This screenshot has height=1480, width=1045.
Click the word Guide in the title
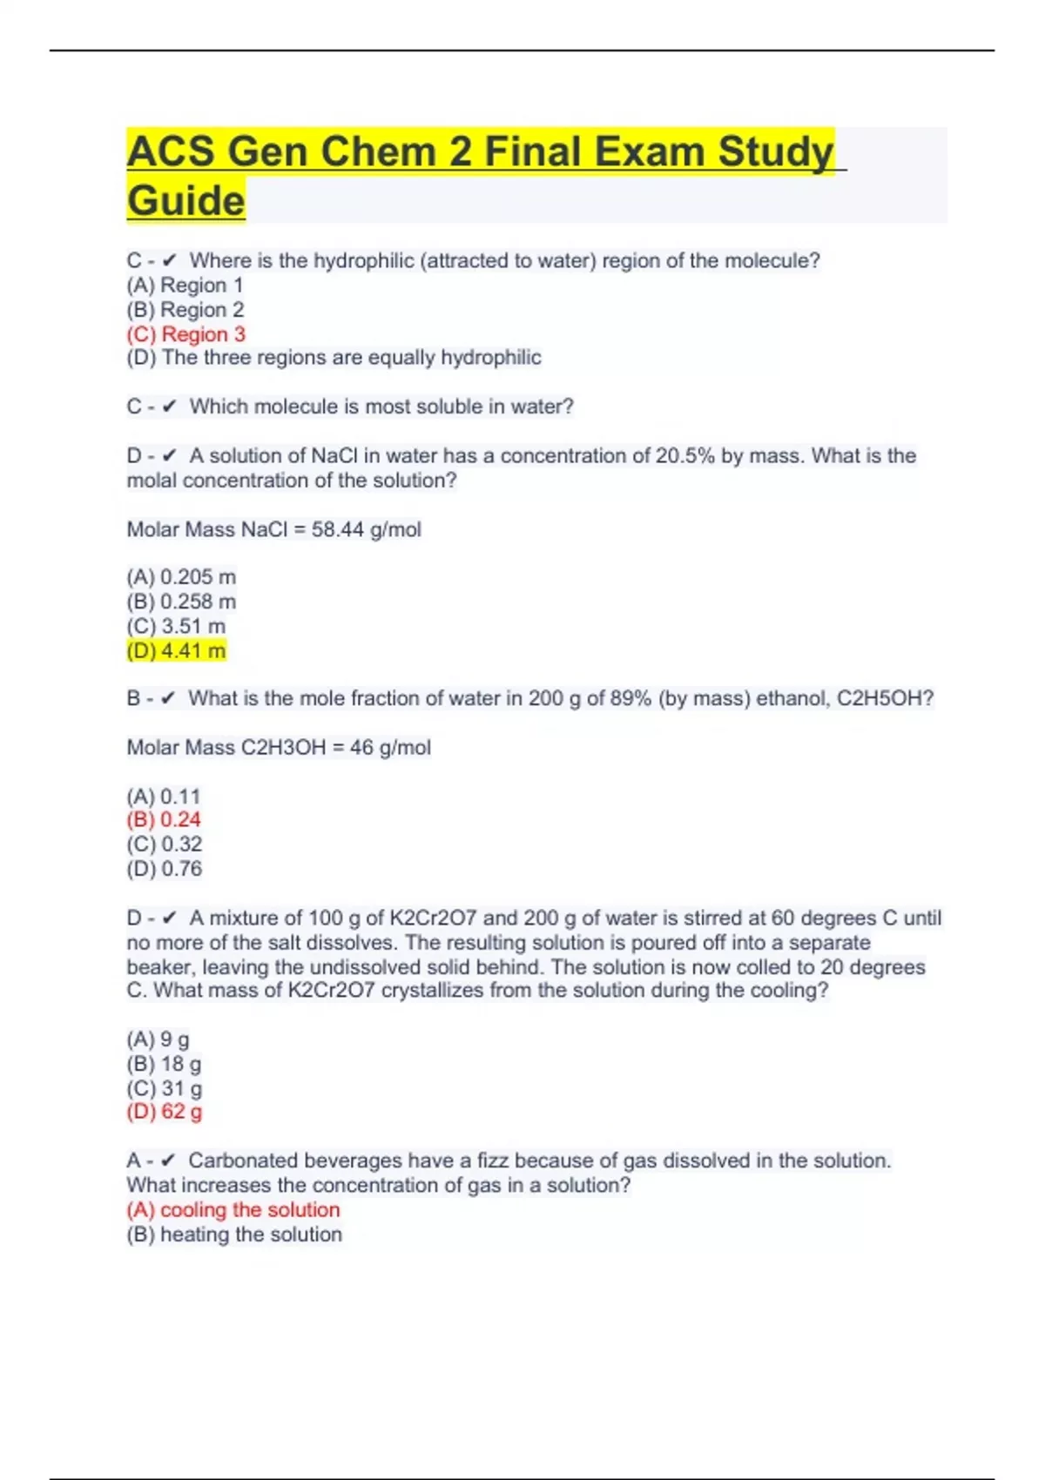(185, 200)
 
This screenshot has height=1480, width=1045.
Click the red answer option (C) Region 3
(185, 334)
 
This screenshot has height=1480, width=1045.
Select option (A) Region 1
(185, 286)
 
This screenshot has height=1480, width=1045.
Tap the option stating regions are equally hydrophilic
(334, 358)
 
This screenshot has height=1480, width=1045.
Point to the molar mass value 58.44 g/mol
(366, 529)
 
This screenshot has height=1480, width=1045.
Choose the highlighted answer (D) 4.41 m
(176, 650)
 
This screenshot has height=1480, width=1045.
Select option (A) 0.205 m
(181, 577)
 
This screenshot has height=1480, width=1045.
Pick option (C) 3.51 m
(176, 626)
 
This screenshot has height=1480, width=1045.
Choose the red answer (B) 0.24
(164, 820)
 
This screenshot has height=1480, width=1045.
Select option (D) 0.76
(165, 869)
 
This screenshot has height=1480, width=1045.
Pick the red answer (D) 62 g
(165, 1112)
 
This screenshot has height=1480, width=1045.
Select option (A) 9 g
(158, 1039)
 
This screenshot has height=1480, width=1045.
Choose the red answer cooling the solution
(233, 1210)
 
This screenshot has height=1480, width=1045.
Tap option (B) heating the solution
(234, 1234)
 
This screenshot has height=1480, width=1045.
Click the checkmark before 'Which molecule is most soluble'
(169, 407)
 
